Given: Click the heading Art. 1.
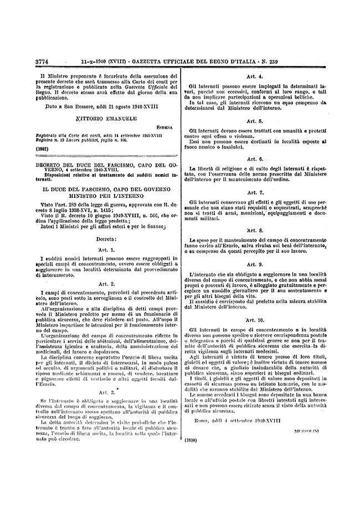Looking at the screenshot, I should (x=105, y=249).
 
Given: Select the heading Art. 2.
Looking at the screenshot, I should (x=105, y=283).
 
